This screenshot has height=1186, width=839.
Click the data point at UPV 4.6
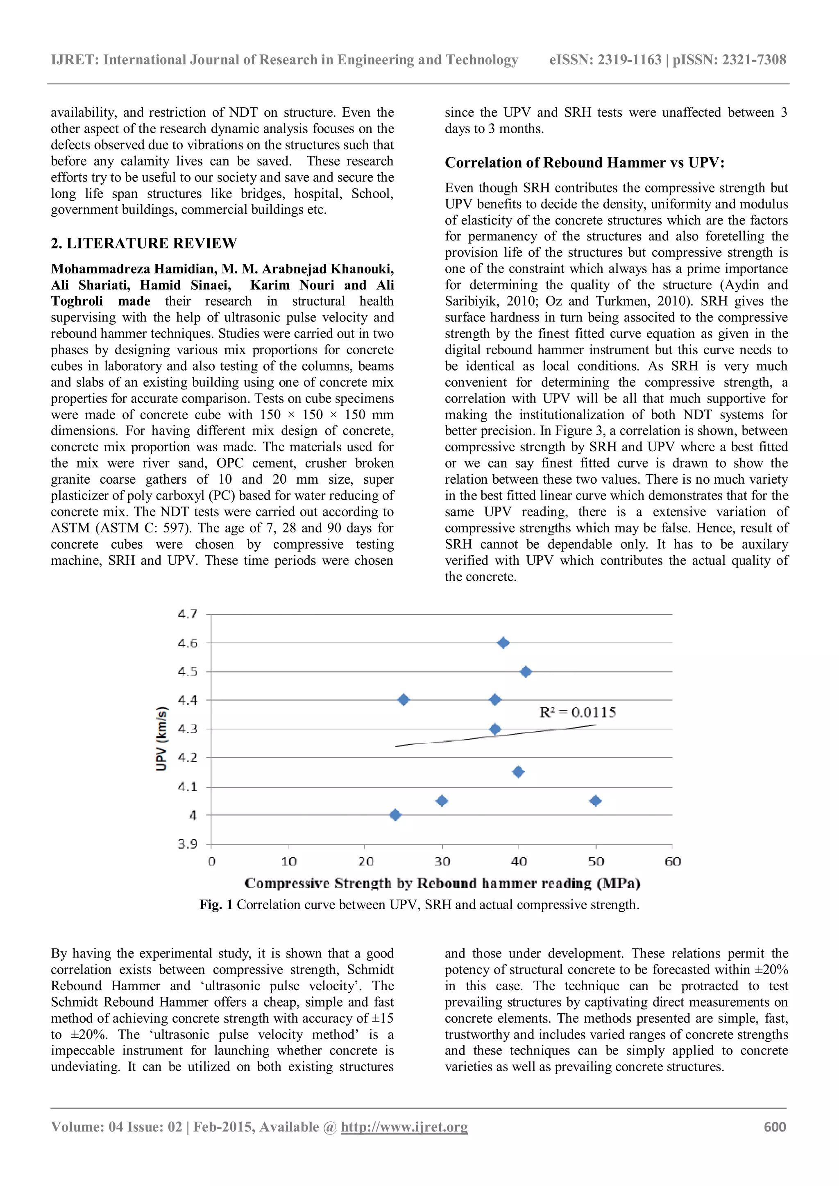(x=503, y=643)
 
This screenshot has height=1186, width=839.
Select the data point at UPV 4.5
(x=526, y=672)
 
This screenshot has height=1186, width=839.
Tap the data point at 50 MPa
(x=595, y=801)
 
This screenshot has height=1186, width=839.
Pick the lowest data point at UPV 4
(x=395, y=815)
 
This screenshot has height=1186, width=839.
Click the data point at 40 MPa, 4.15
(x=518, y=772)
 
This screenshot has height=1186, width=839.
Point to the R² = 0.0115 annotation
(x=578, y=713)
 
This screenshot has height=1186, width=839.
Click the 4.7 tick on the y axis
(x=188, y=614)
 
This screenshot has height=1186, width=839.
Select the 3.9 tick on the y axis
(x=188, y=844)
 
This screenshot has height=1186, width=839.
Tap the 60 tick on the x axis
(x=673, y=862)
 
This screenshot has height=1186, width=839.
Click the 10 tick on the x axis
(x=289, y=862)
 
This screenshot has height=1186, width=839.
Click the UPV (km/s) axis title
(x=162, y=739)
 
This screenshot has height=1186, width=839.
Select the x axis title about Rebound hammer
(x=442, y=883)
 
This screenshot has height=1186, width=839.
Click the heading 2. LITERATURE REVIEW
(x=144, y=243)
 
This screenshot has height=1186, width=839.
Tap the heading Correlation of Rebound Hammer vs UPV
(x=584, y=163)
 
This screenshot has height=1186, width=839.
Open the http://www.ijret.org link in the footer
(x=404, y=1127)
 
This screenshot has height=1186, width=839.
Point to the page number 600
(x=774, y=1127)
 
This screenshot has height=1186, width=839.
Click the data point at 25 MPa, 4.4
(x=404, y=700)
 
